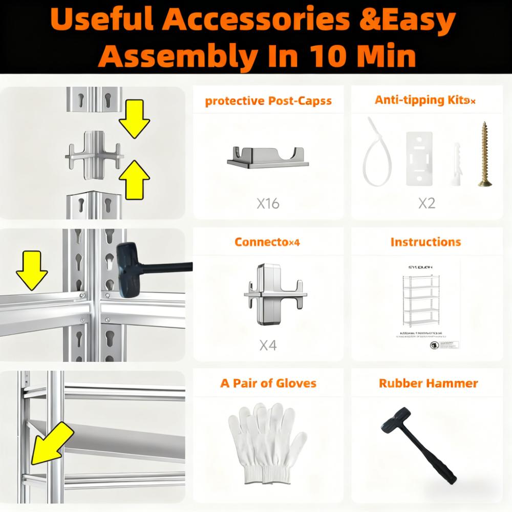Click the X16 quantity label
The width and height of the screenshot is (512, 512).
[x=268, y=204]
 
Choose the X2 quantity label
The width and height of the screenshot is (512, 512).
[x=426, y=204]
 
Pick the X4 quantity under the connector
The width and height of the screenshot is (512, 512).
[x=268, y=346]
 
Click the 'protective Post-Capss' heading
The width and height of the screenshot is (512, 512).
[x=268, y=101]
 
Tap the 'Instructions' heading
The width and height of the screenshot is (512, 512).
[x=425, y=242]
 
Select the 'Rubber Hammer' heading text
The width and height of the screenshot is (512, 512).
[x=428, y=383]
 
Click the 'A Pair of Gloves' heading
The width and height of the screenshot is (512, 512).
[x=268, y=383]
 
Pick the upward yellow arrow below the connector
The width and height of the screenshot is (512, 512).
[x=134, y=177]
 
